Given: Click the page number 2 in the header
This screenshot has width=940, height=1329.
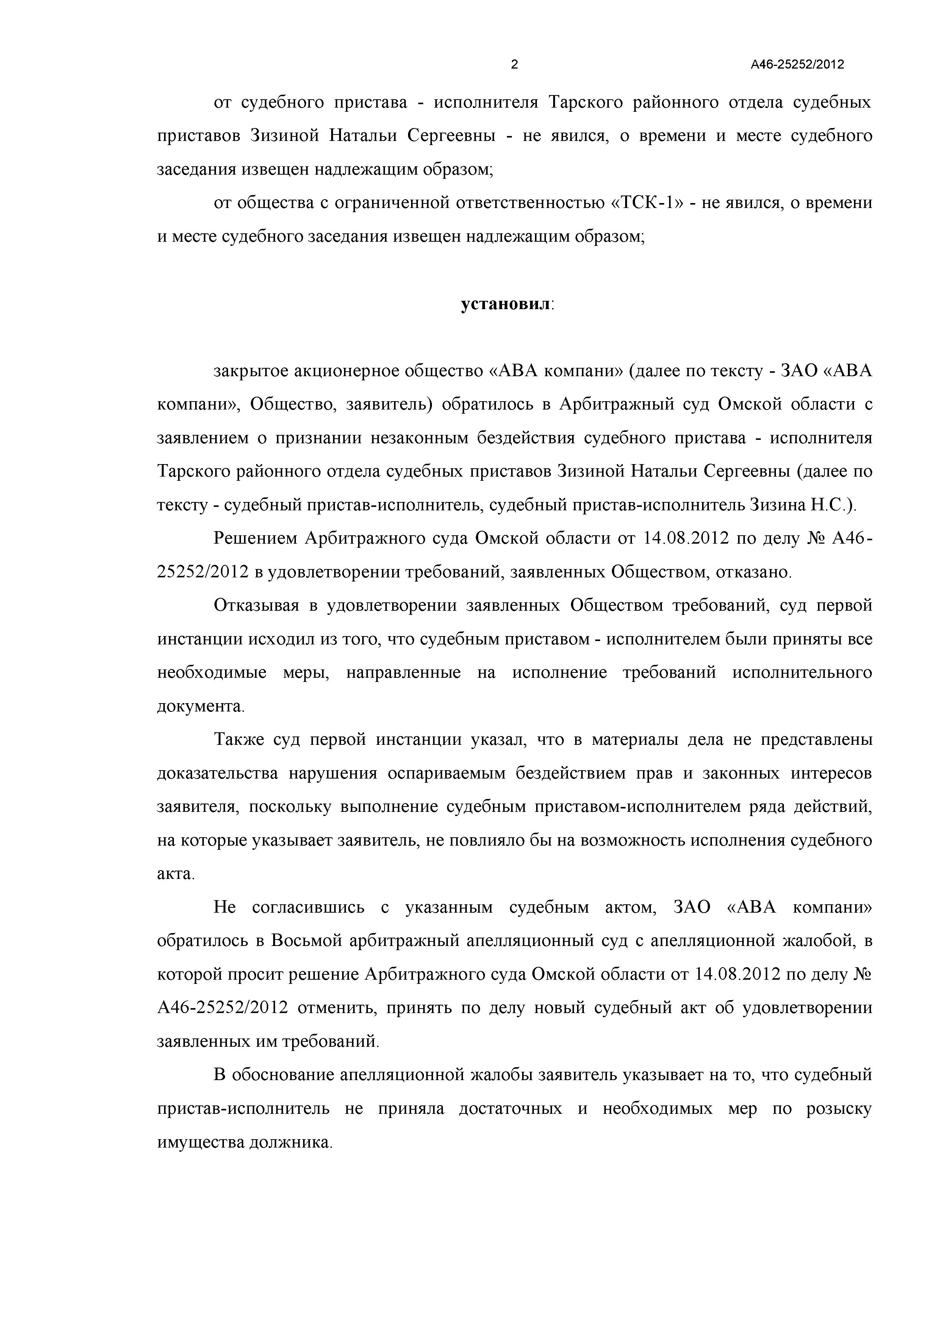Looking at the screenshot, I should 514,65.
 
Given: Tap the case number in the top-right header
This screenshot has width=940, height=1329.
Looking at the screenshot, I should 797,65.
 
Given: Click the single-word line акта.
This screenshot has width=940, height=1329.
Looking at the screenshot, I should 175,874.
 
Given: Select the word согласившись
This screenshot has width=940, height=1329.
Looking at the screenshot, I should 308,908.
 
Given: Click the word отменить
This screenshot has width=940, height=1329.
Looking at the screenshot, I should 337,1008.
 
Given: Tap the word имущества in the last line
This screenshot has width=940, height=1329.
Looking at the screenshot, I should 199,1143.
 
